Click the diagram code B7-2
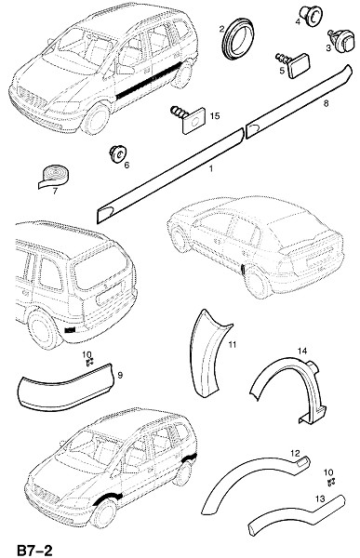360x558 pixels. point(34,550)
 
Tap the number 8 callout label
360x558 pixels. point(325,103)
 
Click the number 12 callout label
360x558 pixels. point(295,454)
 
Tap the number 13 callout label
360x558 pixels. point(320,498)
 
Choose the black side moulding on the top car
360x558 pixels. point(149,81)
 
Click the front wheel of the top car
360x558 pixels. point(96,118)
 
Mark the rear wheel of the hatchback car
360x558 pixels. point(257,282)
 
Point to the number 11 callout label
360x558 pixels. point(233,344)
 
